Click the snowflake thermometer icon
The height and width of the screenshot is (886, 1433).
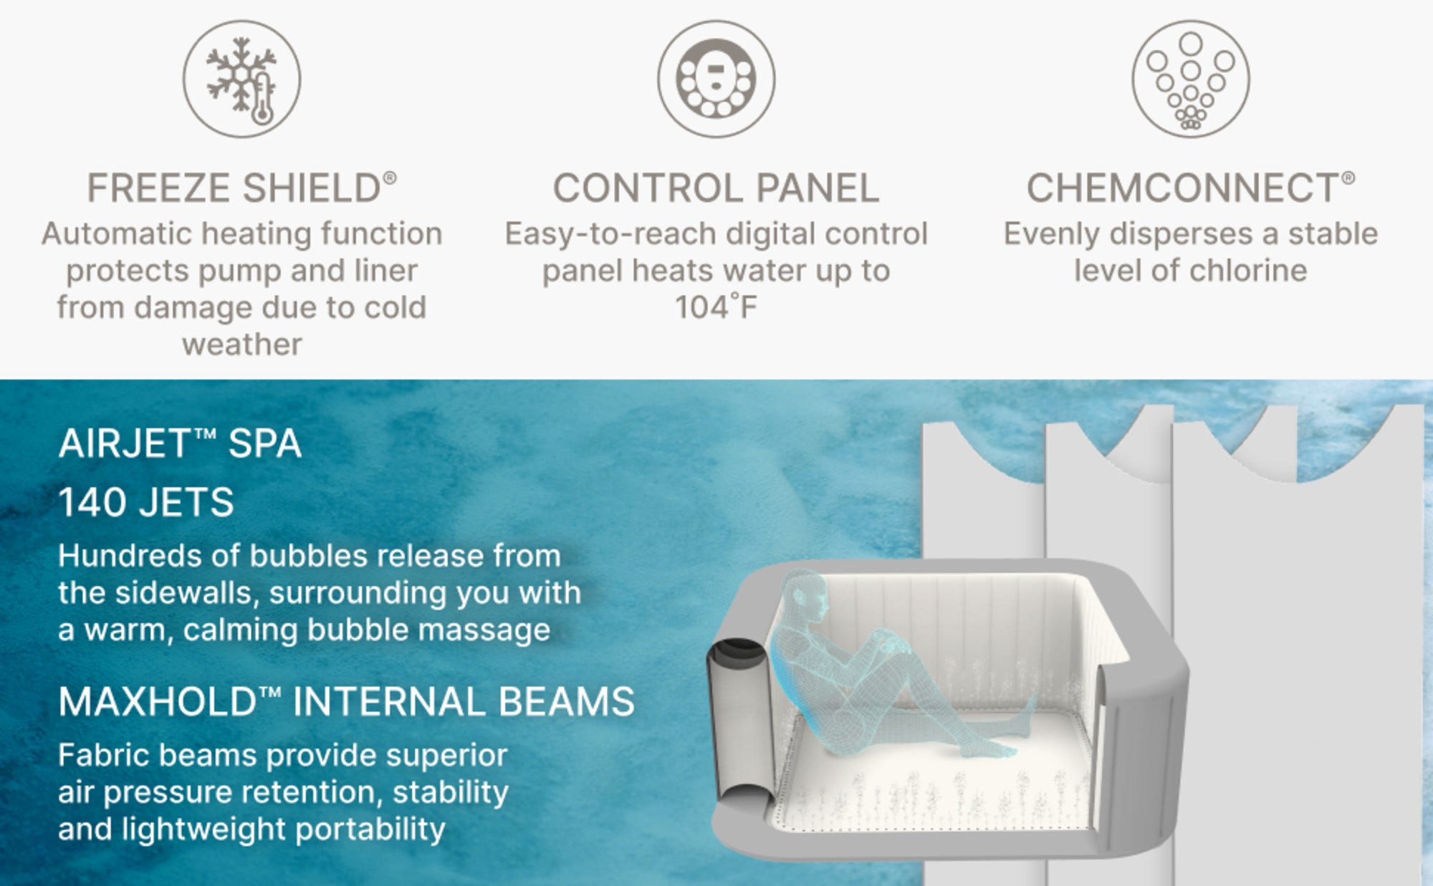click(241, 79)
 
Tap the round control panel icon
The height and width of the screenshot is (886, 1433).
click(716, 79)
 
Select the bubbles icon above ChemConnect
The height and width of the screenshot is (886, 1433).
click(1190, 79)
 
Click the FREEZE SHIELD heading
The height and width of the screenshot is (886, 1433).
click(241, 188)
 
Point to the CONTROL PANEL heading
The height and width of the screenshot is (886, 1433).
click(716, 188)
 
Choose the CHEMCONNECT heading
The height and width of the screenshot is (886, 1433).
click(1190, 188)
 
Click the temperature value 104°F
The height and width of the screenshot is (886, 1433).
click(716, 307)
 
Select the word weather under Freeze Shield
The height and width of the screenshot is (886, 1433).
click(242, 345)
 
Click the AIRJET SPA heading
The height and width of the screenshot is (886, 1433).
click(180, 443)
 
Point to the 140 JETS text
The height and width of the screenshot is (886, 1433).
click(146, 502)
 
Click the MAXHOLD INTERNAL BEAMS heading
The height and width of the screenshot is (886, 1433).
click(347, 701)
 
